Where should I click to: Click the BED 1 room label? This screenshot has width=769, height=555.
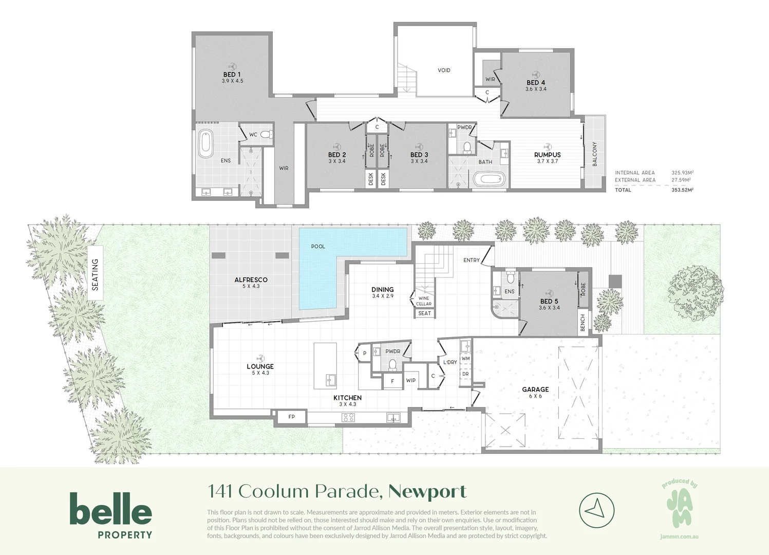point(232,75)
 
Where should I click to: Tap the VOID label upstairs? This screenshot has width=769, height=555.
point(444,70)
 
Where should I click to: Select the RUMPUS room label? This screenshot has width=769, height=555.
point(547,155)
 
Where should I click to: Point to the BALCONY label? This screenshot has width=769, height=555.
point(595,154)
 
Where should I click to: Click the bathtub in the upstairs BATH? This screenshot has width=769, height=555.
point(489,180)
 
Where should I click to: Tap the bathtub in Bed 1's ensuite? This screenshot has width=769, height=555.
point(206,144)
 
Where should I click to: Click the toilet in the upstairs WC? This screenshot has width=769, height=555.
point(266,135)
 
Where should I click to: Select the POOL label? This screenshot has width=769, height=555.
point(318,246)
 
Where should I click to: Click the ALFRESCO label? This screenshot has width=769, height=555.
point(251,280)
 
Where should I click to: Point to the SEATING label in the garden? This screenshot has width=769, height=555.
point(95,274)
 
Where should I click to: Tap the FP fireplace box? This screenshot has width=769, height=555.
point(291,417)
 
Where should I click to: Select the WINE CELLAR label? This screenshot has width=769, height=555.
point(424,301)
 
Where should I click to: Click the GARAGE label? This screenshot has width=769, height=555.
point(535,390)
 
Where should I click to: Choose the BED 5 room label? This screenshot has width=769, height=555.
point(549,301)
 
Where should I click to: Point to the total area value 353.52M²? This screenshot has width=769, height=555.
point(682,190)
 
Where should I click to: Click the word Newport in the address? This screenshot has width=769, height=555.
point(427,492)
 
